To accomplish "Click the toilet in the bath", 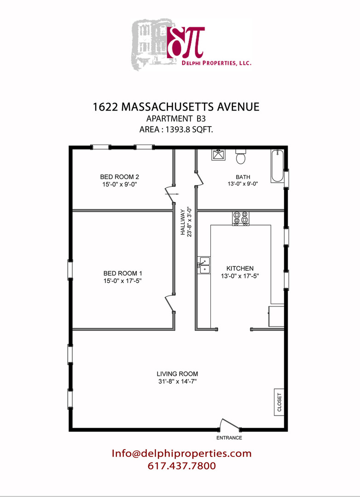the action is point(241,156).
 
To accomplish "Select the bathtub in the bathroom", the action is point(277,166).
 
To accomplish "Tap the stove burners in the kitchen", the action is point(241,219).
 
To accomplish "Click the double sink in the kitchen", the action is point(203,266).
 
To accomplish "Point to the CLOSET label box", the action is point(279,402).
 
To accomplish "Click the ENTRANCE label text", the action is point(229,438).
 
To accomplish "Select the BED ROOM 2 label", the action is point(120,177).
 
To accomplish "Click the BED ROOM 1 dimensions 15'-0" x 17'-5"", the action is point(122,281).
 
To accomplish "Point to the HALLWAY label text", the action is point(183,222).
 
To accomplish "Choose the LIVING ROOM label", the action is point(177,374).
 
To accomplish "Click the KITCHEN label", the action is point(240,268).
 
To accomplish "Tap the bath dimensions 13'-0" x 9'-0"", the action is point(243,184).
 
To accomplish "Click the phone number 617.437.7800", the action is point(182,466).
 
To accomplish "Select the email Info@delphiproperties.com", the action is point(181,454).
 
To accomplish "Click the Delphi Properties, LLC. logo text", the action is point(216,63).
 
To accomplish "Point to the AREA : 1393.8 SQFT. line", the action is point(176,129).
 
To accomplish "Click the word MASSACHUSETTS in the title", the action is point(168,107).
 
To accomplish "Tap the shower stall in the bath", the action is point(218,155).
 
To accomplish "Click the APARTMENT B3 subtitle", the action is point(176,119).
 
